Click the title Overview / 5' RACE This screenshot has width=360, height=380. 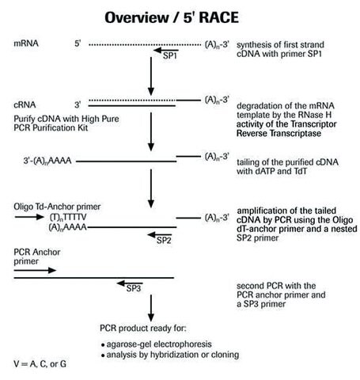coord(172,17)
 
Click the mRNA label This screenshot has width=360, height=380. coord(26,44)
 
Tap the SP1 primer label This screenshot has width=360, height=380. coord(170,55)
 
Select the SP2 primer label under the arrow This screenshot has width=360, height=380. coord(164,241)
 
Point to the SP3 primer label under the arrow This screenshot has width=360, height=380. coord(134,288)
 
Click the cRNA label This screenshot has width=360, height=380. coord(25,104)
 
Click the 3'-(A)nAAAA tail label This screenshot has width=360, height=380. coord(47,161)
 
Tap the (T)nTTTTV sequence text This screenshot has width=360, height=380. coord(68,217)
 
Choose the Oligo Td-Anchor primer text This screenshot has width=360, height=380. coord(57,207)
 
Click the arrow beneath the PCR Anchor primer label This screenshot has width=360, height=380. coord(35,270)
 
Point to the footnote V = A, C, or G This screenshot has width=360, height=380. coord(40,364)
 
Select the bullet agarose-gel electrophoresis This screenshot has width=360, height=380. coord(157,344)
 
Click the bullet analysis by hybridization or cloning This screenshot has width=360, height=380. coord(170,355)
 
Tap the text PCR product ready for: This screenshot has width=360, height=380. coord(143,329)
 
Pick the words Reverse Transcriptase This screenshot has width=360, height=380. coord(279,133)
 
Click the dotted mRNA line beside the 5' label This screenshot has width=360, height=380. coord(145,44)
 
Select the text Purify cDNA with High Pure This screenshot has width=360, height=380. coord(66,119)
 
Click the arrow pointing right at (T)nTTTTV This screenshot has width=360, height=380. coord(29,217)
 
